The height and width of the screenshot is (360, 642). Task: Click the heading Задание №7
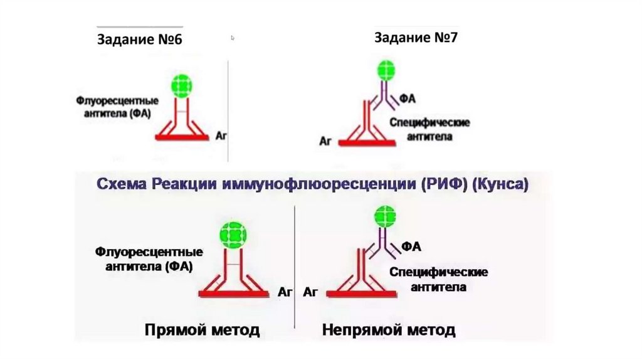point(416,37)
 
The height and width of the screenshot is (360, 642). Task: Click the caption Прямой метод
point(202,330)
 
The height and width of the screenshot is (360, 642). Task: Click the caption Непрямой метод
point(389,330)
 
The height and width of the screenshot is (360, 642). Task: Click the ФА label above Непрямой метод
point(412,246)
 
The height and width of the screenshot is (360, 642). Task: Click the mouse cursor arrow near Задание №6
point(233,38)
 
